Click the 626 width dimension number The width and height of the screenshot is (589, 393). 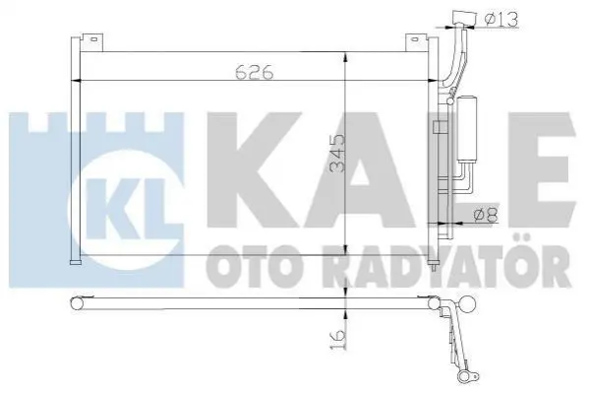click(255, 72)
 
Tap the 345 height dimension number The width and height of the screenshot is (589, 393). click(336, 154)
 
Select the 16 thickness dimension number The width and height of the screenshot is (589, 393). click(336, 339)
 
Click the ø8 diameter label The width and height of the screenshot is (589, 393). click(486, 215)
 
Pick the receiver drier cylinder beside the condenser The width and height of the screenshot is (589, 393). click(466, 129)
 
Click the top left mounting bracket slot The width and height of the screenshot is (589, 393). click(94, 38)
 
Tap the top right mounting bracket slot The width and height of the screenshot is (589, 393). click(415, 38)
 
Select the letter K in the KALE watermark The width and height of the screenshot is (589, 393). click(256, 170)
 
